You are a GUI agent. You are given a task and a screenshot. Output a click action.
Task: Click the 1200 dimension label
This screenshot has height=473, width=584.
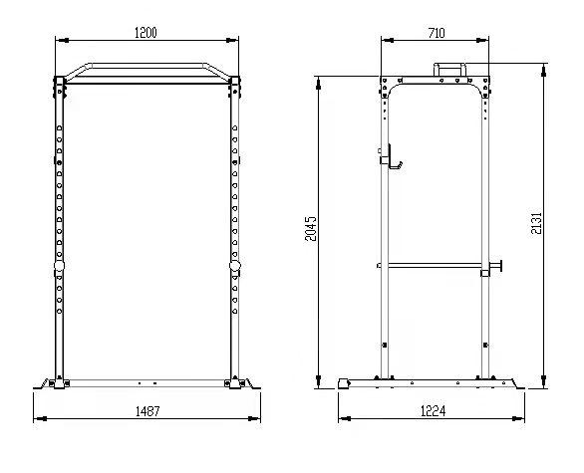pyautogui.click(x=146, y=33)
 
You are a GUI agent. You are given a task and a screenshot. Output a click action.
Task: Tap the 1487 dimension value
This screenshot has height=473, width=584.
pyautogui.click(x=147, y=411)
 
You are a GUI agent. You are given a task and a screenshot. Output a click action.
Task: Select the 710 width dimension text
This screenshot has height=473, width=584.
pyautogui.click(x=437, y=33)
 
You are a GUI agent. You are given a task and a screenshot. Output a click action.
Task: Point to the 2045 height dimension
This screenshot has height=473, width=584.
pyautogui.click(x=311, y=229)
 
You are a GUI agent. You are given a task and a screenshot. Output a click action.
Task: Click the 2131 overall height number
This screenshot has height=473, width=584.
pyautogui.click(x=536, y=223)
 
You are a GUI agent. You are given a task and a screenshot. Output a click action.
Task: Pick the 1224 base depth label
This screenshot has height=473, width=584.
pyautogui.click(x=433, y=411)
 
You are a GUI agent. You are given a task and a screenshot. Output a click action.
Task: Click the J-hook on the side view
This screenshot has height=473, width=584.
pyautogui.click(x=393, y=158)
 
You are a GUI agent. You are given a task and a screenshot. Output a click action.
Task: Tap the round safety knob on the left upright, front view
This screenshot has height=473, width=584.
pyautogui.click(x=59, y=265)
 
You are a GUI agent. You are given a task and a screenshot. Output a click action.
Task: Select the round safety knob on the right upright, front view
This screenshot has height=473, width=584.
pyautogui.click(x=234, y=265)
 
